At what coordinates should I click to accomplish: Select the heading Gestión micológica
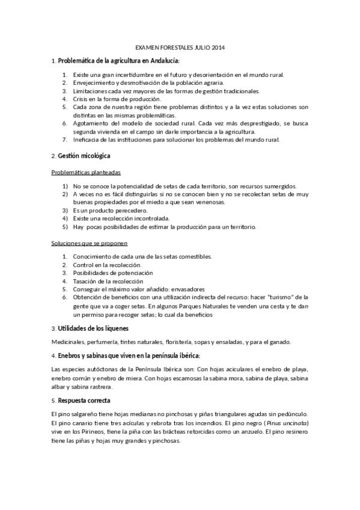point(84,156)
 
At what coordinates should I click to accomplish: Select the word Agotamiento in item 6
point(93,123)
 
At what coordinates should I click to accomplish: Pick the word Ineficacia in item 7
point(88,140)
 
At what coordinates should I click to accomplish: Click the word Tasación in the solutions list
point(86,281)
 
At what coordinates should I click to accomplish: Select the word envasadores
point(183,289)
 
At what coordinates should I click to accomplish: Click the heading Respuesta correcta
point(85,401)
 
